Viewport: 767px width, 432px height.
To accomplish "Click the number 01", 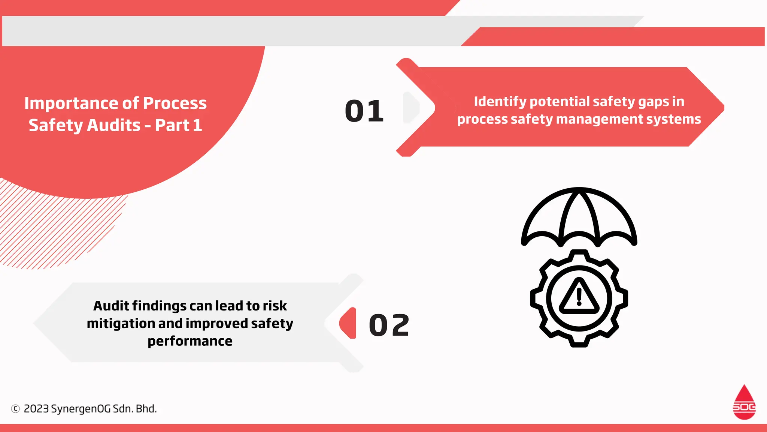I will pyautogui.click(x=364, y=111).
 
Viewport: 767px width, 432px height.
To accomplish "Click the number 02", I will pyautogui.click(x=389, y=325).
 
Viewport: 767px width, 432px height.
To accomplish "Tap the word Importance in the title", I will pyautogui.click(x=71, y=103).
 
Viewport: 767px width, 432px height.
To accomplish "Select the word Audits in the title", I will pyautogui.click(x=114, y=125).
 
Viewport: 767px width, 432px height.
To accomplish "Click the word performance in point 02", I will pyautogui.click(x=190, y=341).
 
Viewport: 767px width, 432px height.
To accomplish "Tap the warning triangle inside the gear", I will pyautogui.click(x=579, y=297).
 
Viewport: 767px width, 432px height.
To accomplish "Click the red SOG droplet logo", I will pyautogui.click(x=744, y=402).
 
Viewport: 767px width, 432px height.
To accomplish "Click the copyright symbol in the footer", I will pyautogui.click(x=15, y=409).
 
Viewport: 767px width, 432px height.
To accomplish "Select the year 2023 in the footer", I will pyautogui.click(x=36, y=409).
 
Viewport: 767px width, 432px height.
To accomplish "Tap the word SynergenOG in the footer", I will pyautogui.click(x=81, y=409).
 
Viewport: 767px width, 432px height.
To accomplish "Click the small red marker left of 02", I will pyautogui.click(x=349, y=323).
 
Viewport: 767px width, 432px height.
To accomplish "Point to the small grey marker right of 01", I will pyautogui.click(x=410, y=108).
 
